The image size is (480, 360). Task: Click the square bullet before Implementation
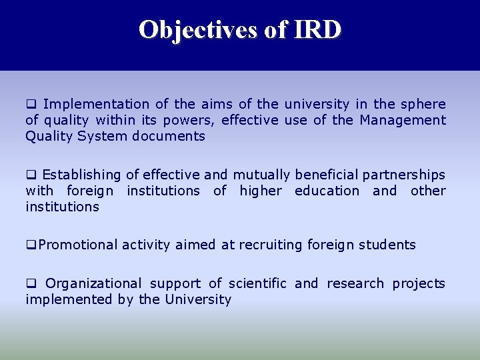click(x=30, y=105)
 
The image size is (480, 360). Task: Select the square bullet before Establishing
click(x=30, y=175)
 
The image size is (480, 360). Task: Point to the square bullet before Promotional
click(x=30, y=245)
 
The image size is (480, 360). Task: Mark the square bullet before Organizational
click(x=30, y=284)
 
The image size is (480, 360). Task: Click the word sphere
click(x=423, y=104)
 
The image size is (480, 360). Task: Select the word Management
click(x=403, y=120)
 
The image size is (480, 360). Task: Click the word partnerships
click(x=403, y=175)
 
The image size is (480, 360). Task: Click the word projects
click(x=419, y=283)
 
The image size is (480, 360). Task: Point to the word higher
click(x=262, y=191)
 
